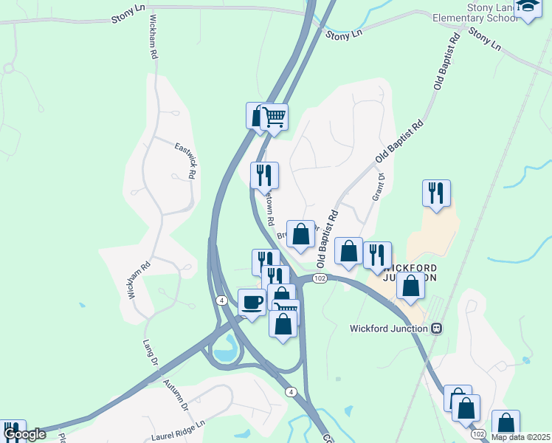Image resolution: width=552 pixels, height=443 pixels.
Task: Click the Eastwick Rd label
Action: pyautogui.click(x=185, y=161)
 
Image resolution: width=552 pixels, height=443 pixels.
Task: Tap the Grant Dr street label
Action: pyautogui.click(x=380, y=187)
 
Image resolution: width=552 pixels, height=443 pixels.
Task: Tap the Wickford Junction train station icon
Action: pyautogui.click(x=436, y=328)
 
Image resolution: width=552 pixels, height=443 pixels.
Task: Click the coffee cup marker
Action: pyautogui.click(x=252, y=301)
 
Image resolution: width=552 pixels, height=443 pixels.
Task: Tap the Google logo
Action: pyautogui.click(x=24, y=434)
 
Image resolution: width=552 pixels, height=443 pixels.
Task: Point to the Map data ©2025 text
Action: pyautogui.click(x=521, y=437)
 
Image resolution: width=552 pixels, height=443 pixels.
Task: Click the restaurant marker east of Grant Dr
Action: pyautogui.click(x=436, y=193)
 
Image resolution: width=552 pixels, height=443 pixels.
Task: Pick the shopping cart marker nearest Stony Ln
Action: pyautogui.click(x=274, y=116)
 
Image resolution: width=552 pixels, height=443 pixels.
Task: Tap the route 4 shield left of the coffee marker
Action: pyautogui.click(x=221, y=300)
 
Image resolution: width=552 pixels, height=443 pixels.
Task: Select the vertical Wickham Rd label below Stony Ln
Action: pyautogui.click(x=153, y=37)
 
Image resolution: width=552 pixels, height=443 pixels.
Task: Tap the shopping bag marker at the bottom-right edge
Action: pyautogui.click(x=506, y=424)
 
